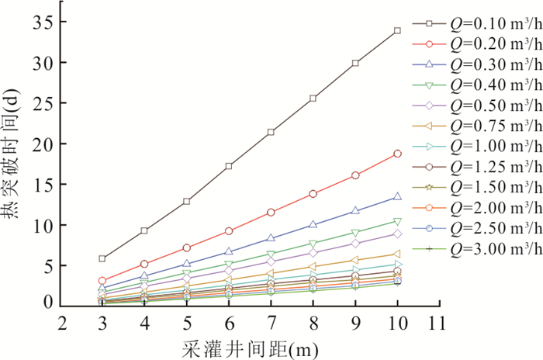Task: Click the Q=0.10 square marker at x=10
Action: [397, 30]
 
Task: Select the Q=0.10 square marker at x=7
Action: [271, 132]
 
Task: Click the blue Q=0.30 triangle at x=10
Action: [397, 197]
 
